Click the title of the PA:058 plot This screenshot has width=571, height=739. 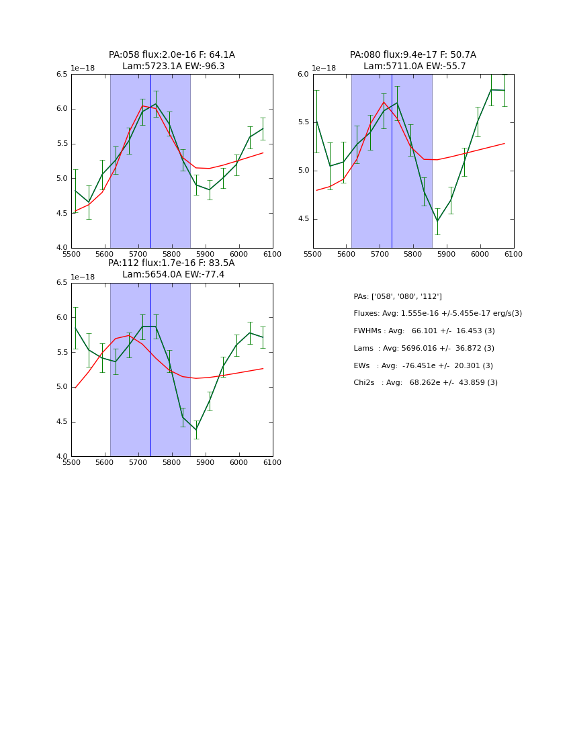tap(172, 60)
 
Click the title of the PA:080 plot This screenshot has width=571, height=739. tap(413, 60)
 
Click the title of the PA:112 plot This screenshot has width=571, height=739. tap(172, 269)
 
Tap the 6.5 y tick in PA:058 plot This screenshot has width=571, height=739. tap(62, 75)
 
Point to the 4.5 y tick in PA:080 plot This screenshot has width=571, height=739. tap(303, 219)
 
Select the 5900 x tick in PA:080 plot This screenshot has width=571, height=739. tap(447, 254)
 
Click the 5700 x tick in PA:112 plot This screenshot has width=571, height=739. tap(138, 462)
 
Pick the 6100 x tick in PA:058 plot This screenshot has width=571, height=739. tap(273, 254)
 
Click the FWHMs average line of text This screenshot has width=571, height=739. tap(424, 331)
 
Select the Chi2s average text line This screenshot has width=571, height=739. tap(425, 383)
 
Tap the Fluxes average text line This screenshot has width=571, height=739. tap(437, 314)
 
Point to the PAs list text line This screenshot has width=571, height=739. tap(398, 296)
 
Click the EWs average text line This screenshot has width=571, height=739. tap(423, 365)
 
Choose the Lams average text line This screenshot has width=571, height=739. tap(424, 348)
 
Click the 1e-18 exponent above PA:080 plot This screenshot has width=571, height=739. tap(324, 69)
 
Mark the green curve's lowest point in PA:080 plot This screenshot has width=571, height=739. tap(437, 221)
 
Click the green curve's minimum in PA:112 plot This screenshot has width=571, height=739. tap(196, 430)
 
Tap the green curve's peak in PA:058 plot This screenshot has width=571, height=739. tap(156, 103)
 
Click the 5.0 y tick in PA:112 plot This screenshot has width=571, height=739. tap(62, 387)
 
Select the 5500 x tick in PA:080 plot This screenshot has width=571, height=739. tap(313, 254)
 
